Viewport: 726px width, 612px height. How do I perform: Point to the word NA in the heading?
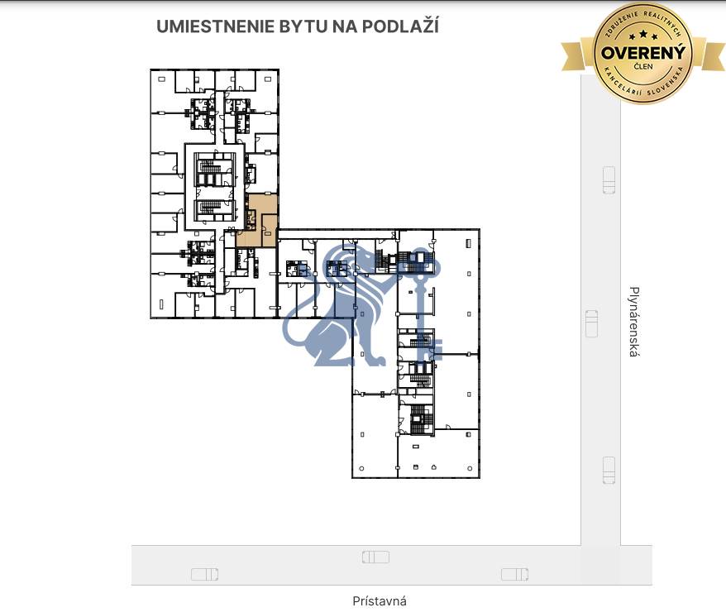point(345,26)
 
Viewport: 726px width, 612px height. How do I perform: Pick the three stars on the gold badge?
point(642,35)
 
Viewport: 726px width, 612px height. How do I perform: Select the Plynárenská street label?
point(634,322)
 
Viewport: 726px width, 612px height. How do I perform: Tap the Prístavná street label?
point(380,601)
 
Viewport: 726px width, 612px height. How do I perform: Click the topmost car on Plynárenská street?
point(609,179)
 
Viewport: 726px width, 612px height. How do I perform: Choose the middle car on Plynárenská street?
point(591,323)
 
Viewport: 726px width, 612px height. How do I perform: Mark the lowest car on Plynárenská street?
point(609,470)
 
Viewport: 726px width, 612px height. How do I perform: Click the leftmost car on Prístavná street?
point(204,574)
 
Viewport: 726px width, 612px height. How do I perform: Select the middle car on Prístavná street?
point(375,557)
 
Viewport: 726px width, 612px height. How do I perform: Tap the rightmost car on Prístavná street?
point(514,574)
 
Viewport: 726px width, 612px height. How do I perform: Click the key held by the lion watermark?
point(427,298)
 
